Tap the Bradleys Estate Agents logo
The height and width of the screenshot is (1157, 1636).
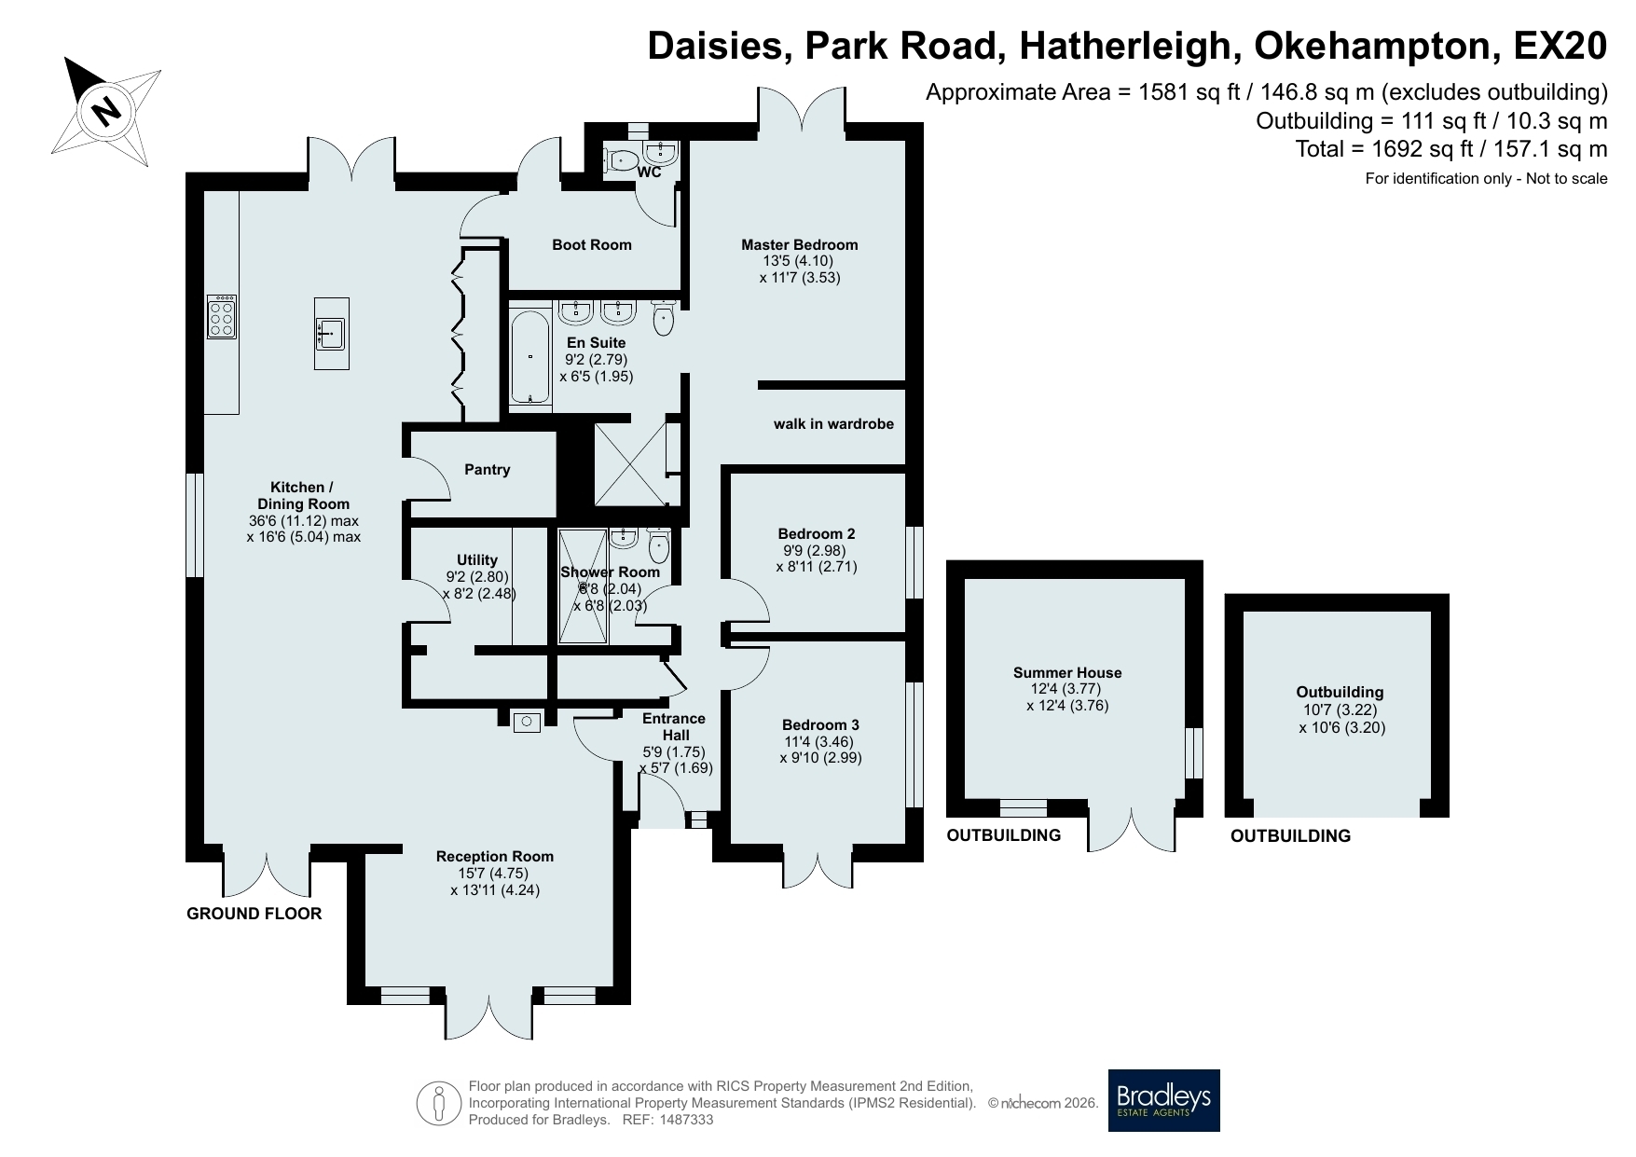1163,1100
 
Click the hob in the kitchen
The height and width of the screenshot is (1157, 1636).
222,316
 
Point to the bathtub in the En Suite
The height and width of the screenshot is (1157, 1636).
531,357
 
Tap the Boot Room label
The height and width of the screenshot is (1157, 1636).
592,245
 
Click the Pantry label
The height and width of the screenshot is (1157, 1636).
488,470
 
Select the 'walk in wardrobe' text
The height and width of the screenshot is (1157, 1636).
833,424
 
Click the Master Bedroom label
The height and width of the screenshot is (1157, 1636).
800,245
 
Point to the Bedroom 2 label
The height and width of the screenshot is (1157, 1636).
817,534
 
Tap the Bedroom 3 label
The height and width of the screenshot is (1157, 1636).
820,725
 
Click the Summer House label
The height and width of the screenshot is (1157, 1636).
1067,673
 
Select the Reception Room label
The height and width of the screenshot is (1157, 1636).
495,857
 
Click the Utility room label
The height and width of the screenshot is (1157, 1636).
477,560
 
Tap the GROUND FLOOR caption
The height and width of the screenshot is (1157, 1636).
254,914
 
